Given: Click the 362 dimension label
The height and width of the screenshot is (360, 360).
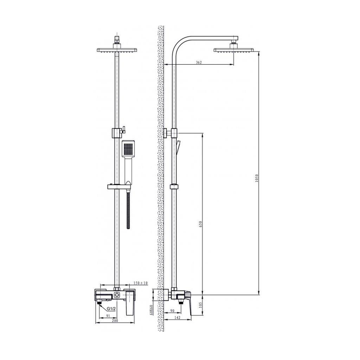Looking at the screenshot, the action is [199, 62].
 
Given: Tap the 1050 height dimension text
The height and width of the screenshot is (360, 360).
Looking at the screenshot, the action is [257, 178].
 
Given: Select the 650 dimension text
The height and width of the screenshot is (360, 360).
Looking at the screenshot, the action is [200, 224].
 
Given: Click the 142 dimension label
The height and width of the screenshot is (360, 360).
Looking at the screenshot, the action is [178, 317].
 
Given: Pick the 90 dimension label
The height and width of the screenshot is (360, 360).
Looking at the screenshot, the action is [172, 311].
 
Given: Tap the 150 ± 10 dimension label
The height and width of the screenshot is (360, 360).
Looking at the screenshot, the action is [141, 283].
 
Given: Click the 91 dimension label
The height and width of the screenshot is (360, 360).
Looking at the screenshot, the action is [108, 316].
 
